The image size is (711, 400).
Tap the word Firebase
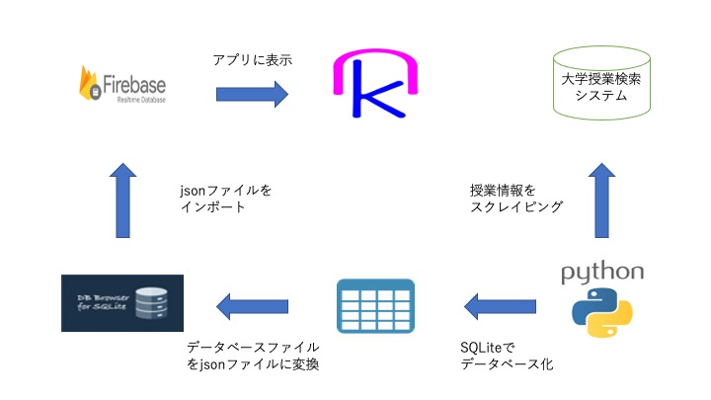134,85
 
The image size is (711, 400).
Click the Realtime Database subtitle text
141,100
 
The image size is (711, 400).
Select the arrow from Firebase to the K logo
252,95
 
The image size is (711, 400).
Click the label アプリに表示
253,60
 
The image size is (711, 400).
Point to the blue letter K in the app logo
376,89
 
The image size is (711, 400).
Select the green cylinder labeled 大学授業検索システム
601,83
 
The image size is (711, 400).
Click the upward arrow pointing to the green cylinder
601,200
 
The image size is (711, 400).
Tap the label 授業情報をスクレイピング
516,199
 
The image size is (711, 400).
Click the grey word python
602,273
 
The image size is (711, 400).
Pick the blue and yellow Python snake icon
602,312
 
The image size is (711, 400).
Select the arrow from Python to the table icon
500,306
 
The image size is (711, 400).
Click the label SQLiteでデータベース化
507,356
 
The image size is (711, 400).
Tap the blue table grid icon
376,306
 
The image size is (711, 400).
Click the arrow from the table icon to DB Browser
252,306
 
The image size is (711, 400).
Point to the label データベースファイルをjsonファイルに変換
253,356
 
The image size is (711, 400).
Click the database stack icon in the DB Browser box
151,303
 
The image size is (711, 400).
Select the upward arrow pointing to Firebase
122,200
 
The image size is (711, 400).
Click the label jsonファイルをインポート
225,199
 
